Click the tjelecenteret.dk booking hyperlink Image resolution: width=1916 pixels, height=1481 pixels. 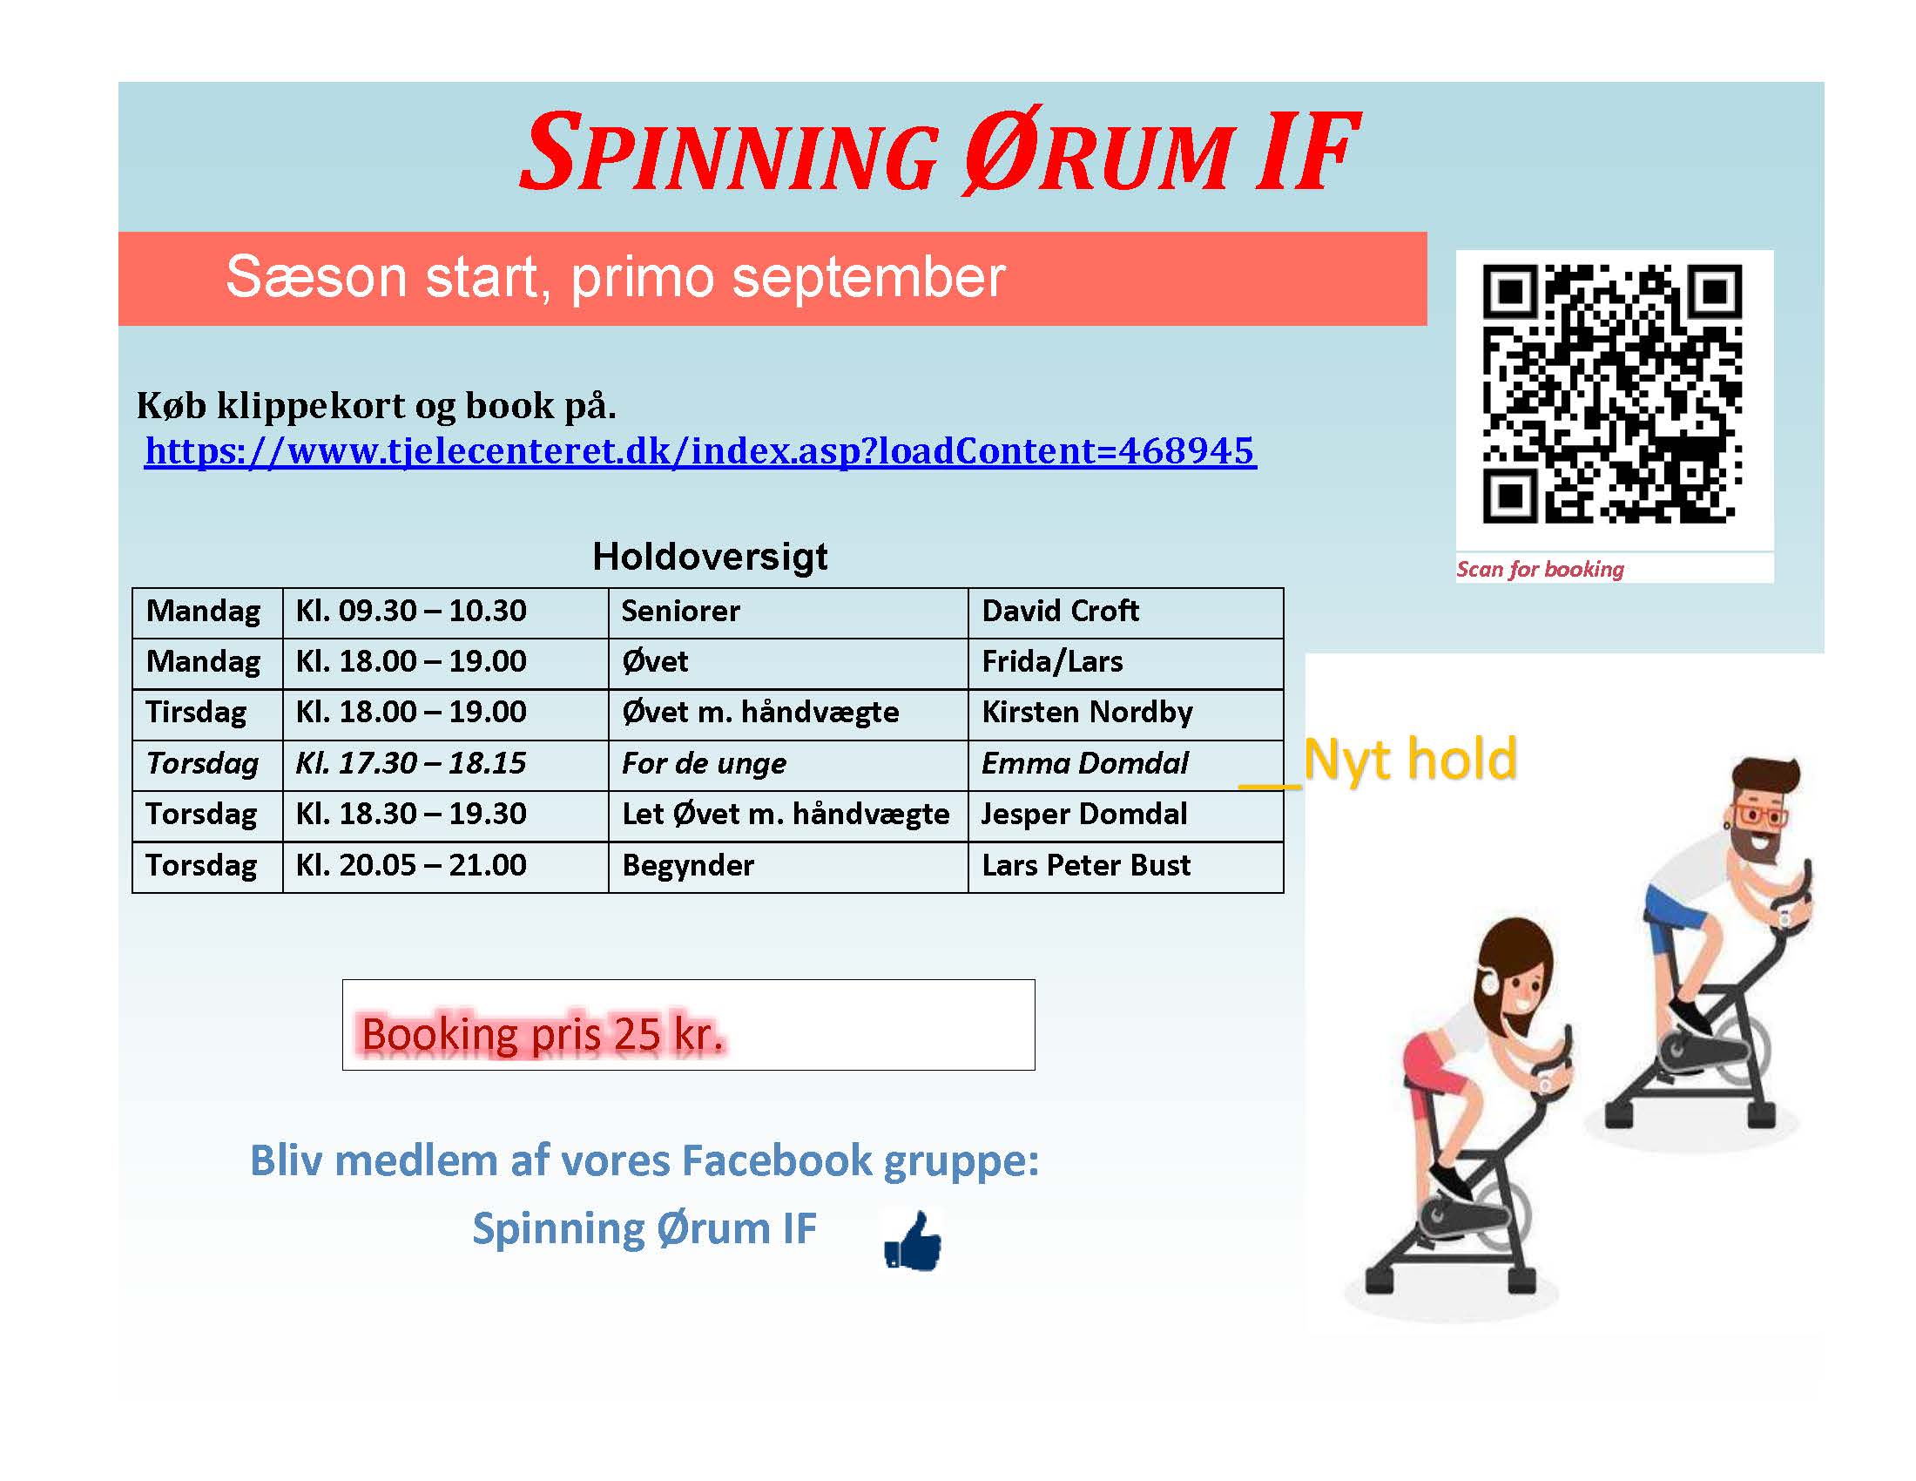(700, 450)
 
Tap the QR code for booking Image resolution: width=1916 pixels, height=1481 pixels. (1612, 394)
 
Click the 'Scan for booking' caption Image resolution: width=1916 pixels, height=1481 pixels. (1540, 570)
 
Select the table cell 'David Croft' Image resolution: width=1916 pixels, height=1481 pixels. (1125, 612)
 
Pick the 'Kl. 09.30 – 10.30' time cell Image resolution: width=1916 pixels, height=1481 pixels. (446, 612)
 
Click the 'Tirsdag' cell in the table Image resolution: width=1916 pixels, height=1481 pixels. (207, 714)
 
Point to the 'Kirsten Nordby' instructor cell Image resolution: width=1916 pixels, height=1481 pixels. (1125, 714)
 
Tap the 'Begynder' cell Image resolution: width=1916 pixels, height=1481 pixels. (788, 867)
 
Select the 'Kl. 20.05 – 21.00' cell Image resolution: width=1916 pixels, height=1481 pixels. (446, 867)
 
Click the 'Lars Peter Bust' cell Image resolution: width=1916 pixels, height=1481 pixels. (1125, 867)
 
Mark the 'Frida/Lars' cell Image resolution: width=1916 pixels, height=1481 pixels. (1125, 663)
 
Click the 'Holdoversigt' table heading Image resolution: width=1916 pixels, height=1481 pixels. (710, 557)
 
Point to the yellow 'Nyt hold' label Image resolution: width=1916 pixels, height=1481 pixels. (1410, 759)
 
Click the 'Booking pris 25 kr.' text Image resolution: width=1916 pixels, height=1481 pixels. (543, 1034)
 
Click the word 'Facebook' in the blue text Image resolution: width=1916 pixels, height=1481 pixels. (777, 1160)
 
